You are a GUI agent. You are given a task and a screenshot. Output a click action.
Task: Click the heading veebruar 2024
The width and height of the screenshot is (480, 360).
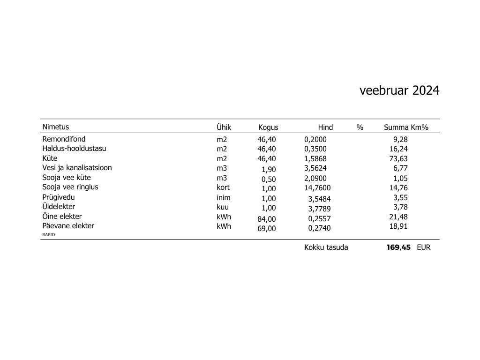(x=399, y=90)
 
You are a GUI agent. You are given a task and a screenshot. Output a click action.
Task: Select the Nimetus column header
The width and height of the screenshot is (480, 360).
(x=55, y=127)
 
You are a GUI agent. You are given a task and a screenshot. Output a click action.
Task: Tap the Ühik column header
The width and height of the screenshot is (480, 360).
(x=224, y=127)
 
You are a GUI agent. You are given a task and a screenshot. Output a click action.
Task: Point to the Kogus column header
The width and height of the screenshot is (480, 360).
(x=268, y=127)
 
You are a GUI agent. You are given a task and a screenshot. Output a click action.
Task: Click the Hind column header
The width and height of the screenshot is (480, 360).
(x=325, y=127)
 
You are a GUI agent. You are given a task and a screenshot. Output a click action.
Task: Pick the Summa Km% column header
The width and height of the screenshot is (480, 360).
(x=406, y=127)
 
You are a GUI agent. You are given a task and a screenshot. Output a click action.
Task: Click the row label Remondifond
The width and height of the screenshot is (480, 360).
(x=64, y=139)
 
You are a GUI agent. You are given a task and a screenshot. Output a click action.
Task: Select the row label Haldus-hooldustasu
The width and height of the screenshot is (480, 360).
(x=74, y=149)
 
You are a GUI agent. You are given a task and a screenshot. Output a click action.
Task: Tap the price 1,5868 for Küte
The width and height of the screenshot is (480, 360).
(x=315, y=159)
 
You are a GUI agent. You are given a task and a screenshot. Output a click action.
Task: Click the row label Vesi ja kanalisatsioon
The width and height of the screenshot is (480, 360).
(x=77, y=167)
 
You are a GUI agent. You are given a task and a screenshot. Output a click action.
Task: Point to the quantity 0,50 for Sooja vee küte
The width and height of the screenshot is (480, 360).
(x=269, y=179)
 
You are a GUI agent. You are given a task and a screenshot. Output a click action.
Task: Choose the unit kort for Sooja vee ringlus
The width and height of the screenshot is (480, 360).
(x=223, y=187)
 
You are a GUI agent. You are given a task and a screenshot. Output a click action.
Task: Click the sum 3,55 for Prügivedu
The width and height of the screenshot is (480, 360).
(x=400, y=198)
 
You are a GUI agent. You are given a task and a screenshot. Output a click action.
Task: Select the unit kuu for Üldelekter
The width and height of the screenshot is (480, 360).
(x=223, y=207)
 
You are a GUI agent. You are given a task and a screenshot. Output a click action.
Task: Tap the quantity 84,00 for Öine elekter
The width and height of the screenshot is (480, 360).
(x=267, y=219)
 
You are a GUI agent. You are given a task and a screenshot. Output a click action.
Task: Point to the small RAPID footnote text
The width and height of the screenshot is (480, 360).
(x=48, y=234)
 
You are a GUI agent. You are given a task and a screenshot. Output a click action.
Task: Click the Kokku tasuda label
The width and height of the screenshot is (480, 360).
(x=326, y=247)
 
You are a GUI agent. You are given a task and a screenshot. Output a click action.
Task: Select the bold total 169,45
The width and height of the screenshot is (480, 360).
(x=398, y=247)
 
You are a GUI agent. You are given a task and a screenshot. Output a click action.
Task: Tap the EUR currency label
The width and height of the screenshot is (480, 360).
(x=423, y=247)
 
